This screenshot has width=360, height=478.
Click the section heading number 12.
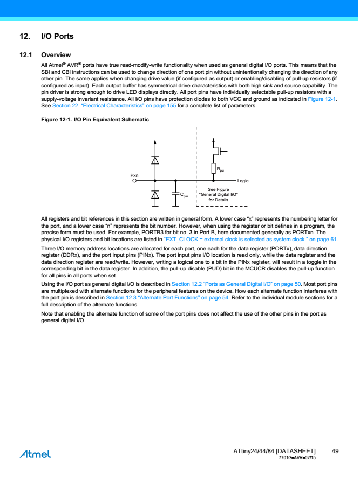point(24,37)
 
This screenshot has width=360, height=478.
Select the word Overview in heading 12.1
point(56,55)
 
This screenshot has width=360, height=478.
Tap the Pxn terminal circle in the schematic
point(135,181)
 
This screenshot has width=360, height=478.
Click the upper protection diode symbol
point(155,160)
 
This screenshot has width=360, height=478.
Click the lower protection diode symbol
point(155,194)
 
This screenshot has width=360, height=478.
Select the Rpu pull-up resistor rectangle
point(214,168)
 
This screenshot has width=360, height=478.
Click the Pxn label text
point(134,175)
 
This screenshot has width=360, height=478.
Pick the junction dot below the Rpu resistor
point(214,181)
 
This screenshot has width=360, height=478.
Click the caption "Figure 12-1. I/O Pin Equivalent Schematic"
point(95,119)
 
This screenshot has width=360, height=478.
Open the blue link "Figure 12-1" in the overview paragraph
point(322,100)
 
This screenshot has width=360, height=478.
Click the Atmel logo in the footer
point(35,454)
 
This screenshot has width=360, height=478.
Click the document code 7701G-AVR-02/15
point(297,457)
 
